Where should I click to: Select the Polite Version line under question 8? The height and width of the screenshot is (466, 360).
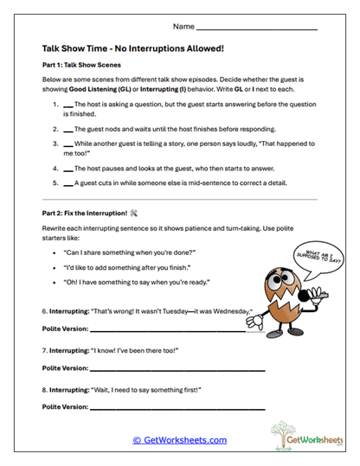[x=177, y=407]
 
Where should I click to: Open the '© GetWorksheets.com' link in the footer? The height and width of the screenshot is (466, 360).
[x=179, y=440]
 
